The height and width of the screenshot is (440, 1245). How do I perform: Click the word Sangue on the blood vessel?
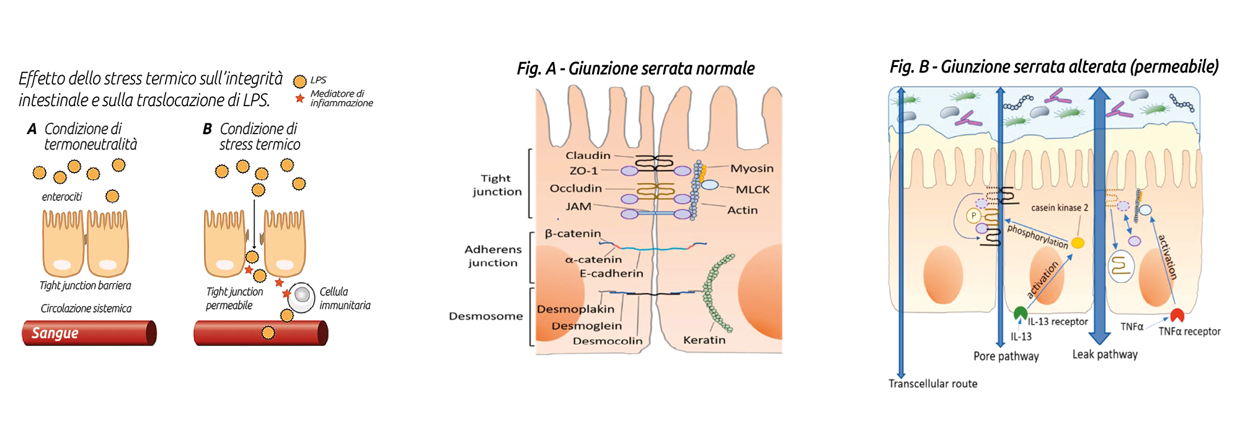click(x=55, y=333)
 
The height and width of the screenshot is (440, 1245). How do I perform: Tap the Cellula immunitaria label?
click(x=345, y=299)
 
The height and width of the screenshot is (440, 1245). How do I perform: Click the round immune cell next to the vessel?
click(x=302, y=297)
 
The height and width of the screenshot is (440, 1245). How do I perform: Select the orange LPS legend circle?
click(x=299, y=81)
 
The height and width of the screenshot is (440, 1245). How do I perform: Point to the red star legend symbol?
click(x=300, y=99)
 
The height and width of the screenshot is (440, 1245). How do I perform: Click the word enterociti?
click(x=62, y=197)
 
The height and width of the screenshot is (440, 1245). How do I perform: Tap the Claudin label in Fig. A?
click(x=588, y=156)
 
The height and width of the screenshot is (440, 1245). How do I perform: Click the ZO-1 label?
click(x=583, y=171)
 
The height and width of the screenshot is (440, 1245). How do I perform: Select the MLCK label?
click(x=752, y=190)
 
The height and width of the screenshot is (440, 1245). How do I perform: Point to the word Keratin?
click(x=704, y=340)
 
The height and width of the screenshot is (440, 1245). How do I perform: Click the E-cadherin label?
click(x=611, y=273)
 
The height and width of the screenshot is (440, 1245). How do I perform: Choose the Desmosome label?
click(x=485, y=316)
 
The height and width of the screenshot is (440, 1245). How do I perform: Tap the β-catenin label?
click(x=573, y=234)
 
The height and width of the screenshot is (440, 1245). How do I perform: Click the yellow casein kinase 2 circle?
click(x=1078, y=243)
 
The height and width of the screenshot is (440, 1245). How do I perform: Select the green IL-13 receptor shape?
click(x=1020, y=313)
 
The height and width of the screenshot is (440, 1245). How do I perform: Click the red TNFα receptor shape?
click(x=1177, y=315)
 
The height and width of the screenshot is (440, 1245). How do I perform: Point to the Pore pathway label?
click(x=1006, y=356)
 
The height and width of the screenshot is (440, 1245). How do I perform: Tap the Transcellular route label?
click(x=933, y=384)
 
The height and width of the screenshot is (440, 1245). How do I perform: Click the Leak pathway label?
click(x=1105, y=354)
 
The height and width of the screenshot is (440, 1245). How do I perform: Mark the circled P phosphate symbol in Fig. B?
click(x=973, y=216)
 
